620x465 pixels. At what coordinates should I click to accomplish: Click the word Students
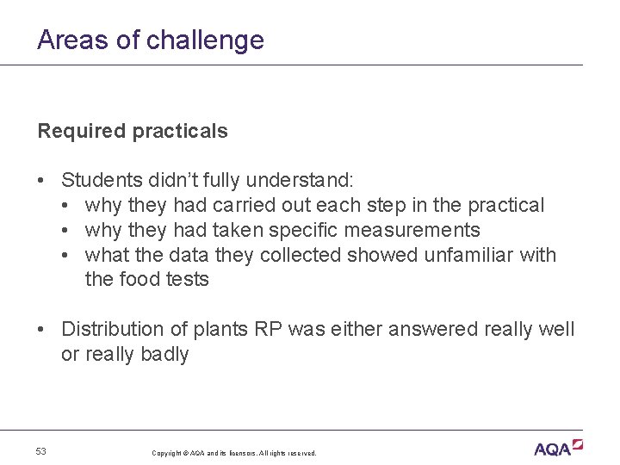click(98, 181)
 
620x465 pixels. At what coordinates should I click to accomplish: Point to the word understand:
click(299, 181)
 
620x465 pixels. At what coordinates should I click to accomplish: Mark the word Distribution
click(110, 329)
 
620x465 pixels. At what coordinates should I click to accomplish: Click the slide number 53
click(42, 451)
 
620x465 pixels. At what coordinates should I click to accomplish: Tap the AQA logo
click(557, 448)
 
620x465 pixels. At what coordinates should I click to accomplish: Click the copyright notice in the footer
click(233, 453)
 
